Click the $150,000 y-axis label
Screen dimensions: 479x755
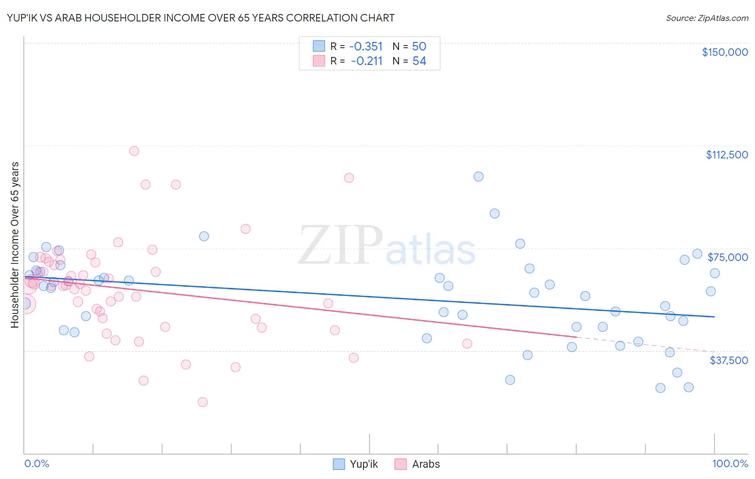pyautogui.click(x=724, y=52)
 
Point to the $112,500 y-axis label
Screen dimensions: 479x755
pyautogui.click(x=727, y=155)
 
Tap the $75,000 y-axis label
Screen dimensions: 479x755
pyautogui.click(x=728, y=257)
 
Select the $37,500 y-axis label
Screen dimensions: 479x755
pyautogui.click(x=729, y=360)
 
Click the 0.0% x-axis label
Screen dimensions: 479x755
pyautogui.click(x=37, y=463)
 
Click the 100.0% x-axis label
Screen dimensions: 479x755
pyautogui.click(x=730, y=463)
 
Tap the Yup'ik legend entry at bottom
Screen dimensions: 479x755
pyautogui.click(x=355, y=464)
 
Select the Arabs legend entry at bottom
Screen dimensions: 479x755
pyautogui.click(x=417, y=464)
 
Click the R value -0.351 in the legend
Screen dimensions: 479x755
pyautogui.click(x=366, y=46)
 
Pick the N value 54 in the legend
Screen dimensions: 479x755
pyautogui.click(x=419, y=61)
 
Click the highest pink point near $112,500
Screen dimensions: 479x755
pyautogui.click(x=134, y=151)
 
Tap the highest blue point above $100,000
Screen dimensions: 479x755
pyautogui.click(x=478, y=177)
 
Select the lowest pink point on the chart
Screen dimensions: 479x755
pyautogui.click(x=202, y=402)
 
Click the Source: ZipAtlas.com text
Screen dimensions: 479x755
pyautogui.click(x=707, y=18)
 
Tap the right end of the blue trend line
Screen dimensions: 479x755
pyautogui.click(x=714, y=317)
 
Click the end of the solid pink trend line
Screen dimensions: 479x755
pyautogui.click(x=576, y=337)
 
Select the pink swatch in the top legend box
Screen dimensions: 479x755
pyautogui.click(x=319, y=61)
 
